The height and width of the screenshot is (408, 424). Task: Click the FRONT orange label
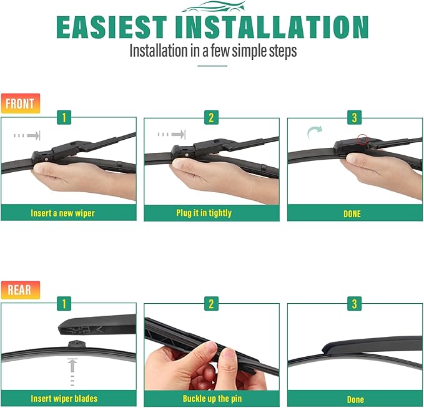(21, 104)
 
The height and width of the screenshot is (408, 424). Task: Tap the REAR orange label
(21, 290)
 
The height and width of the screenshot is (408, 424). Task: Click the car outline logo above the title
(214, 7)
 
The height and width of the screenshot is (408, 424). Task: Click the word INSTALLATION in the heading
(272, 27)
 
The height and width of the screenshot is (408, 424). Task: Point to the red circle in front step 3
(362, 139)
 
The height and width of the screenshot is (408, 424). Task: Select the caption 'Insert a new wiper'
(62, 213)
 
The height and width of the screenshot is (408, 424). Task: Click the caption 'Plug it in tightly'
(204, 213)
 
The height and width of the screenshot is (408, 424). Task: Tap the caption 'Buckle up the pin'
(212, 399)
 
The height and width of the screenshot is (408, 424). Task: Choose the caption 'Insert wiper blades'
(64, 399)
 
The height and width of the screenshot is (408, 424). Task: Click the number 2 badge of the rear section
(211, 304)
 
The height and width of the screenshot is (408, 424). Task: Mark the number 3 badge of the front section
(355, 117)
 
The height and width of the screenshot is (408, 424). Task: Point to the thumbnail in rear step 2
(212, 347)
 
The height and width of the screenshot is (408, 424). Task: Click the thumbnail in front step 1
(69, 161)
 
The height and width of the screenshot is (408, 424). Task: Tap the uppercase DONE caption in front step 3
(352, 214)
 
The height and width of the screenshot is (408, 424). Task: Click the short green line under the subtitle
(212, 66)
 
